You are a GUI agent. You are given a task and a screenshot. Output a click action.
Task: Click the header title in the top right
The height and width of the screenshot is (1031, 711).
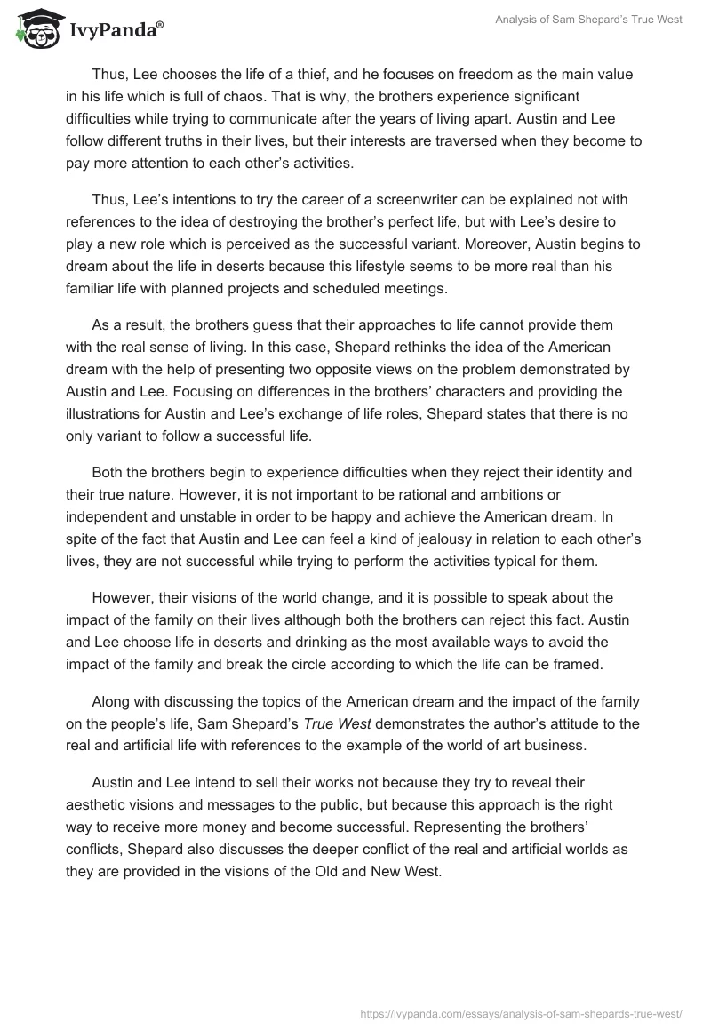point(589,20)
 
